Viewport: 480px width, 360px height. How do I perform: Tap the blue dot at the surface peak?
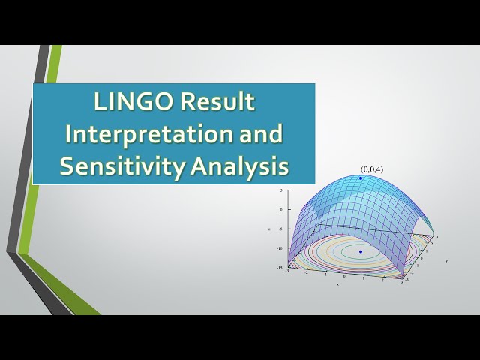pyautogui.click(x=360, y=178)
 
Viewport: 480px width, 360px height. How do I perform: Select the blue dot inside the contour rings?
pyautogui.click(x=361, y=251)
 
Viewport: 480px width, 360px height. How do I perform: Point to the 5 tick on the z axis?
pyautogui.click(x=280, y=190)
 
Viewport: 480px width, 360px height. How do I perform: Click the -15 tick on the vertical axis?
pyautogui.click(x=278, y=268)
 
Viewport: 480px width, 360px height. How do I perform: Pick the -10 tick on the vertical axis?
pyautogui.click(x=278, y=248)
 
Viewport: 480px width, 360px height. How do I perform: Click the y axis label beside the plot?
pyautogui.click(x=445, y=261)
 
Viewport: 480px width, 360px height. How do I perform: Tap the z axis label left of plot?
pyautogui.click(x=270, y=229)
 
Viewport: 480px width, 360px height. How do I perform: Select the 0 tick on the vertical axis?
pyautogui.click(x=280, y=210)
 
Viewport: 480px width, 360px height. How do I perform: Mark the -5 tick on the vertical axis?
pyautogui.click(x=279, y=229)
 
